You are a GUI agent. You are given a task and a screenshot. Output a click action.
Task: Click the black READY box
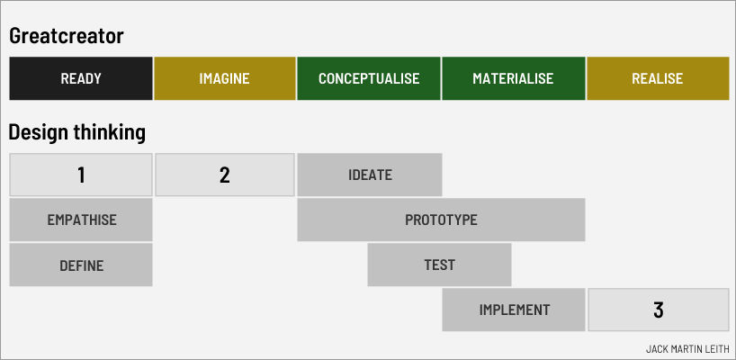(81, 78)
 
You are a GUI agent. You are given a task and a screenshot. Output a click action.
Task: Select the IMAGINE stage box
(225, 78)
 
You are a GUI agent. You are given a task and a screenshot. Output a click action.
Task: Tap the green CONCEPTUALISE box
(369, 78)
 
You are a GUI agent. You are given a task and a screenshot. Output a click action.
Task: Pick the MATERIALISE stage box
(513, 78)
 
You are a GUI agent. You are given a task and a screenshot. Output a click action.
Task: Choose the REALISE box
(657, 78)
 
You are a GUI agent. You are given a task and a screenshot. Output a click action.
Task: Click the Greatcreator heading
(66, 36)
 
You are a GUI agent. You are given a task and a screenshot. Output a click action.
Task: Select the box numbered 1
(81, 175)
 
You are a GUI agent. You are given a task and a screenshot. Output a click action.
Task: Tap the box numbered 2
(225, 175)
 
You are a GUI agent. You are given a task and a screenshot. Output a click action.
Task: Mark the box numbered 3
(658, 310)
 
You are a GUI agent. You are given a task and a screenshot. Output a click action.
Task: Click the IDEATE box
(370, 175)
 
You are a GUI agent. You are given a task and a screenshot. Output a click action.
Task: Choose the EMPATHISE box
(81, 220)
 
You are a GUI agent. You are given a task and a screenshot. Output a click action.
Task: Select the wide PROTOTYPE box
(441, 220)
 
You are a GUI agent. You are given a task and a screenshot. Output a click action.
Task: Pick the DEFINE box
(81, 265)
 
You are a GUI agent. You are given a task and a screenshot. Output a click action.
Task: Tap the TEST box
(439, 265)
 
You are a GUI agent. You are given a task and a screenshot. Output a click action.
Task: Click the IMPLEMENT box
(514, 310)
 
